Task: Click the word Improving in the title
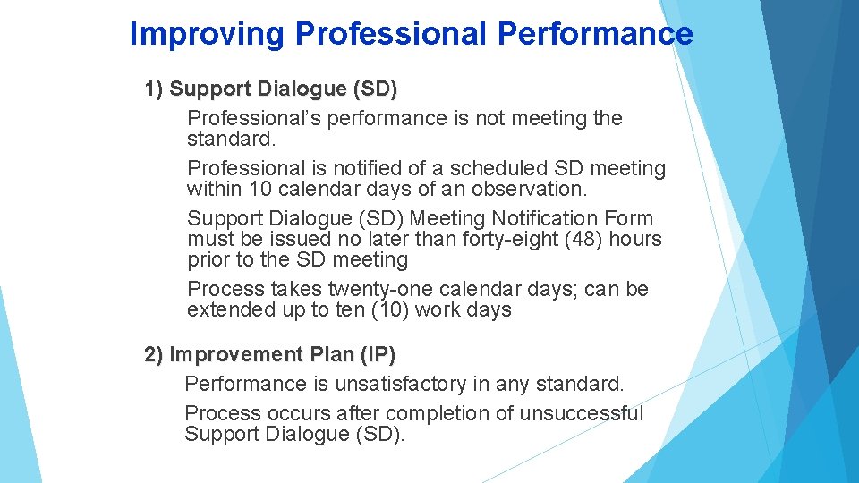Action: pyautogui.click(x=208, y=34)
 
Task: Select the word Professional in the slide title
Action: pyautogui.click(x=390, y=34)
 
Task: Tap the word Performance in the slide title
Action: pyautogui.click(x=594, y=34)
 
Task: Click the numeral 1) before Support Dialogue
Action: pyautogui.click(x=154, y=89)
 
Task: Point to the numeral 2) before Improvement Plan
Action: pyautogui.click(x=154, y=354)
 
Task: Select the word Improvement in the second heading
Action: pyautogui.click(x=236, y=354)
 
